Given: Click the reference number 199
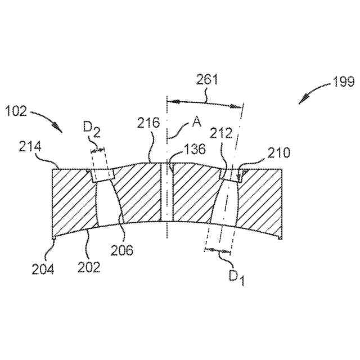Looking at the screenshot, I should pyautogui.click(x=343, y=83).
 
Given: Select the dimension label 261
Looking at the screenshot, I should pyautogui.click(x=207, y=80).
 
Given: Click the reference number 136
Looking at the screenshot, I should pyautogui.click(x=195, y=149).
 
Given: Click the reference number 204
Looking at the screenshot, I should pyautogui.click(x=43, y=269).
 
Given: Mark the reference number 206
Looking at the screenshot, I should pyautogui.click(x=122, y=250).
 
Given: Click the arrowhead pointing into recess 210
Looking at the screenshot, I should pyautogui.click(x=240, y=180).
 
